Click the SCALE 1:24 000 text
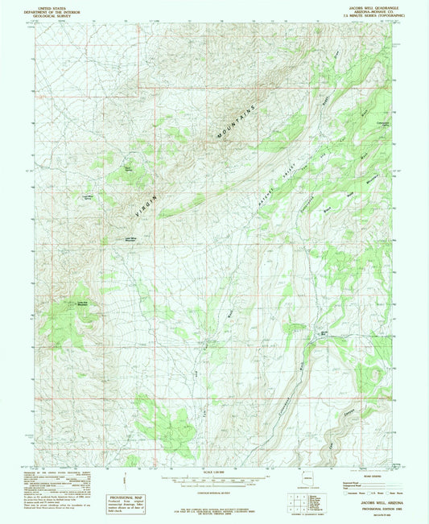[x=214, y=471]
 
